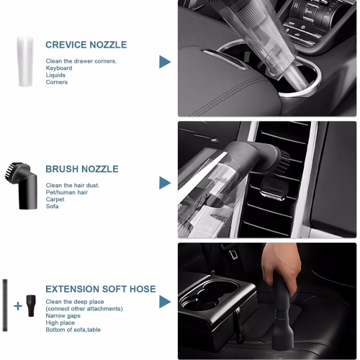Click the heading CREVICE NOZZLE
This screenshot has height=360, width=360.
point(86,45)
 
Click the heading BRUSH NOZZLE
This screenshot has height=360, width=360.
point(82,169)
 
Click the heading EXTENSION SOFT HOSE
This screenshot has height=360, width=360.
point(100,289)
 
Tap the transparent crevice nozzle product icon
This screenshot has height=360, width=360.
point(22,62)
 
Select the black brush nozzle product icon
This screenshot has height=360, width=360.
point(22,184)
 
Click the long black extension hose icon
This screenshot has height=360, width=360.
point(5,305)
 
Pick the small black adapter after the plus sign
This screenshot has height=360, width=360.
point(32,305)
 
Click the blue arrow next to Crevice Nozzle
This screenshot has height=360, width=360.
point(165,62)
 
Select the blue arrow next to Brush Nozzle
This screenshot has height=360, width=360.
point(165,183)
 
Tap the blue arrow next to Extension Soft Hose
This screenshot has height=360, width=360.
point(165,302)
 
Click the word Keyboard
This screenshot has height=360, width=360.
point(59,68)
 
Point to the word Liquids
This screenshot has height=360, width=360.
point(57,76)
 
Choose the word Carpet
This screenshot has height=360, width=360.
point(56,199)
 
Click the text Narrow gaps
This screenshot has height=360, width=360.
point(63,315)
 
